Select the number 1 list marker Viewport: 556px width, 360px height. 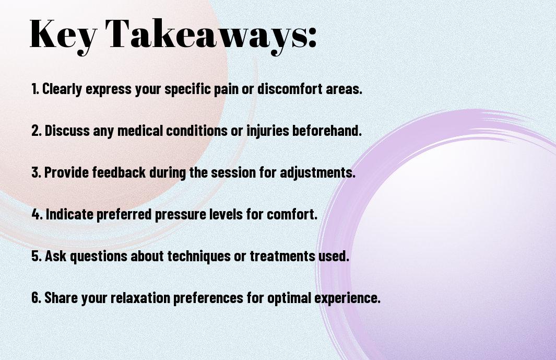click(x=35, y=89)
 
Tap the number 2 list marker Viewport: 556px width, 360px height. click(x=36, y=130)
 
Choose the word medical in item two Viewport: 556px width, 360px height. click(x=140, y=130)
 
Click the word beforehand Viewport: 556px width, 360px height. click(x=327, y=130)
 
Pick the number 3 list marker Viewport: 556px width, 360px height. click(x=36, y=172)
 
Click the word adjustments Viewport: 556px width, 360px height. click(x=317, y=172)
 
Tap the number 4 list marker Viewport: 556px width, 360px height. click(x=37, y=214)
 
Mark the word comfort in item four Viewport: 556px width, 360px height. click(x=292, y=214)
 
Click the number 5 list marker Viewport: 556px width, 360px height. click(x=37, y=256)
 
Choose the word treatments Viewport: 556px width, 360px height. click(x=282, y=256)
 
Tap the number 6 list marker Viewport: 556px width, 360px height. click(x=37, y=297)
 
